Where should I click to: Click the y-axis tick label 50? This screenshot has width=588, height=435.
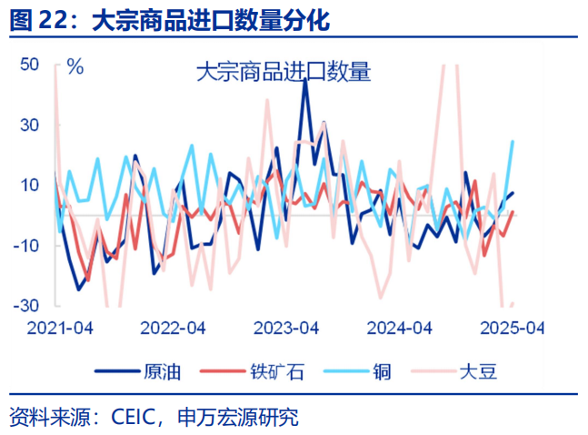pos(30,66)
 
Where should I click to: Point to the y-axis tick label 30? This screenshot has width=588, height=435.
pos(30,126)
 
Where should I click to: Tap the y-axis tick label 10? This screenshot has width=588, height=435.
pos(30,186)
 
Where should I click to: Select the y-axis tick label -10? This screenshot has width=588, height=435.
pos(27,246)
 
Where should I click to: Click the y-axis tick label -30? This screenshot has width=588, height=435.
pos(27,306)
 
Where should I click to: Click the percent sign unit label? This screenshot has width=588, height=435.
pos(75,66)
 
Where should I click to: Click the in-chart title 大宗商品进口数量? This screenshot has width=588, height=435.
pos(284,73)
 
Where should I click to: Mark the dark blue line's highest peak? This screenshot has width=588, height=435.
pos(305,80)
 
